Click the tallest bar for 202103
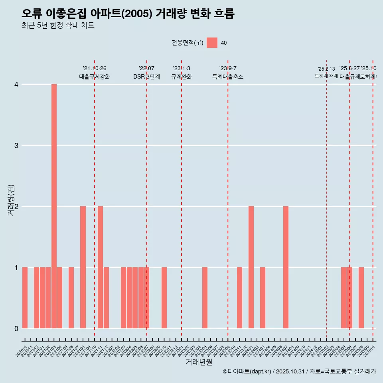54,206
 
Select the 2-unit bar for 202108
83,267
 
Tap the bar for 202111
100,267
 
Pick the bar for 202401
251,267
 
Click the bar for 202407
286,267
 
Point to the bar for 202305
205,298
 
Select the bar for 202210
164,298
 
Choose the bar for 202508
361,298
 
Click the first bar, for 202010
25,298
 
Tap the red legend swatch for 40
212,43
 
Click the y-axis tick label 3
16,146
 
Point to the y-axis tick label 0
16,328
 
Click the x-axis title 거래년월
199,362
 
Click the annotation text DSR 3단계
146,77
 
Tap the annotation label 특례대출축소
227,77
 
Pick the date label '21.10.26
95,69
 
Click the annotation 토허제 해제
326,76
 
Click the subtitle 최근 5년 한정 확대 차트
58,26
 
